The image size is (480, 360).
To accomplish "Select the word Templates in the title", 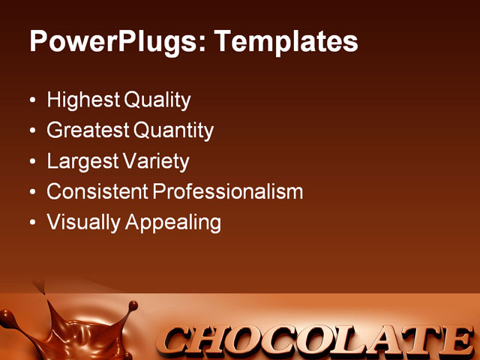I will click(286, 41).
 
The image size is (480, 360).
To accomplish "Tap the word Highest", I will click(82, 100).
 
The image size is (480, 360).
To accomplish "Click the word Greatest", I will click(87, 130).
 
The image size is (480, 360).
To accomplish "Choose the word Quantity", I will click(174, 130).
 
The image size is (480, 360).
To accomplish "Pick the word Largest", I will click(80, 161).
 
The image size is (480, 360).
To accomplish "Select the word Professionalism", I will click(228, 192).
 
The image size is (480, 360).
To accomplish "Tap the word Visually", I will click(80, 223).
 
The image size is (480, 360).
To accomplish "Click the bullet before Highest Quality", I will click(31, 100).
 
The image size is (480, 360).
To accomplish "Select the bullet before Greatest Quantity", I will click(31, 131).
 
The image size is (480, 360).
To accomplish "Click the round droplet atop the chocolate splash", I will click(133, 305).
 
